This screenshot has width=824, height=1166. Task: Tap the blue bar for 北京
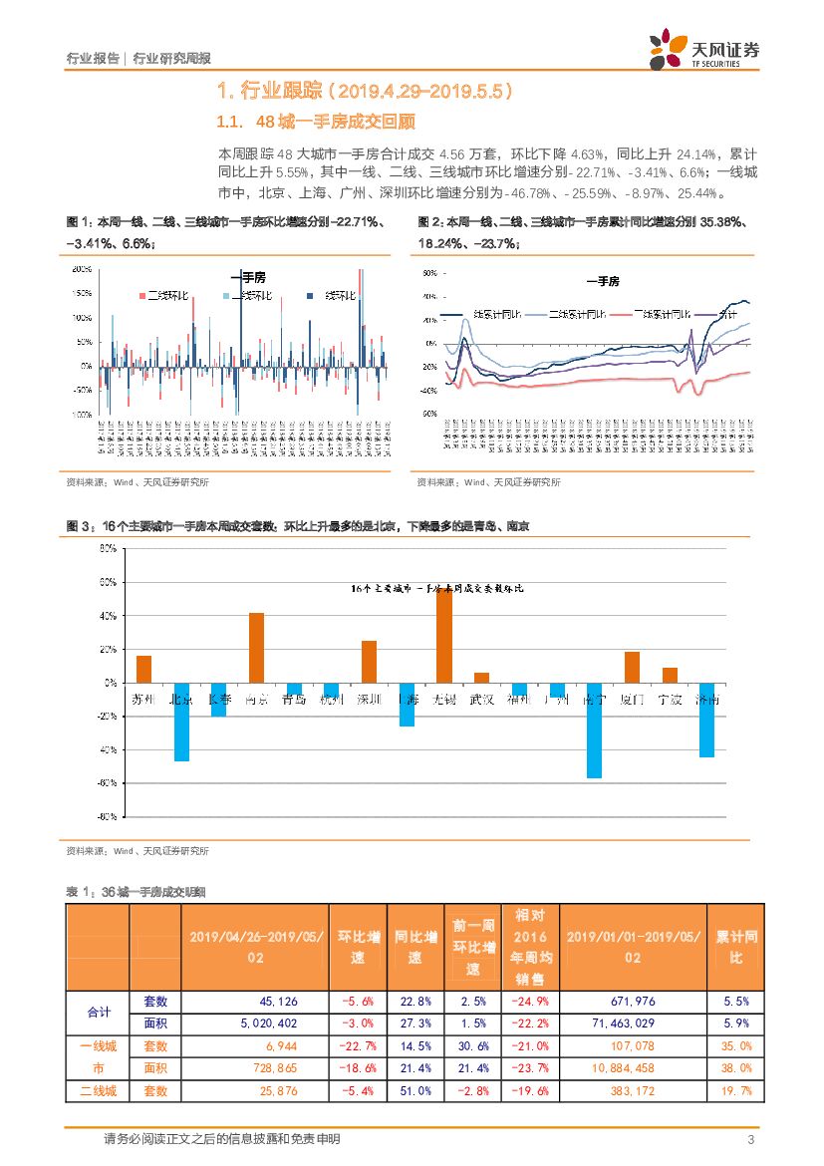click(x=181, y=722)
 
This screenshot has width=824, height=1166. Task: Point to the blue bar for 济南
click(x=706, y=720)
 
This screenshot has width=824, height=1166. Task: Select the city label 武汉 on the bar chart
click(x=481, y=699)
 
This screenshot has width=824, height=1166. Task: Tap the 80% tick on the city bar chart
click(x=109, y=548)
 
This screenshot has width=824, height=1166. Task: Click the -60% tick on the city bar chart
click(x=107, y=783)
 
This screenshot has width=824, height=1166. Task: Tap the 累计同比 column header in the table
click(x=735, y=948)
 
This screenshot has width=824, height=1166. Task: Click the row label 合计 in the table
click(x=99, y=1012)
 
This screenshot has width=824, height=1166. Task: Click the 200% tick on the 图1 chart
click(x=83, y=270)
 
